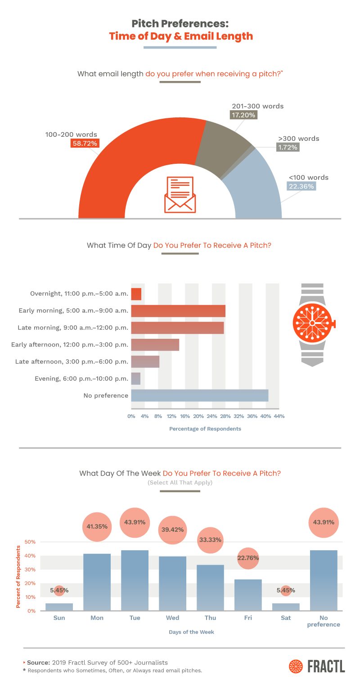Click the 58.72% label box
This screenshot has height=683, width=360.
coord(84,144)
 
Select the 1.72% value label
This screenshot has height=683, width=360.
coord(287,147)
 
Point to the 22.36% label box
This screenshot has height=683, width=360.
coord(301,186)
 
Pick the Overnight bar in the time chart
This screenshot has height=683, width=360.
coord(136,294)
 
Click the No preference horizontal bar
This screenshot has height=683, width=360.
coord(199,395)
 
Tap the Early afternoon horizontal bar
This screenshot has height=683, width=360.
coord(155,345)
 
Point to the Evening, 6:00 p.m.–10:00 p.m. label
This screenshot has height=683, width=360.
coord(81,379)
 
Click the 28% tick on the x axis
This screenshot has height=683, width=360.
coord(225,416)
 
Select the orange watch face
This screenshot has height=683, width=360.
coord(311,323)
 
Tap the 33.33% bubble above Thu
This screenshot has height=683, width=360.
coord(210,540)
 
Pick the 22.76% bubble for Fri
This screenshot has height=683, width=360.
coord(248,558)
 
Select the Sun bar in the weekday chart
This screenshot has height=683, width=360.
coord(59,607)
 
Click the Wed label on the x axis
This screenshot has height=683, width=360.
coord(172,618)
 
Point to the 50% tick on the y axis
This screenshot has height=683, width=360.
coord(30,542)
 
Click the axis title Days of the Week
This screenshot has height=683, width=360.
coord(191,632)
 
